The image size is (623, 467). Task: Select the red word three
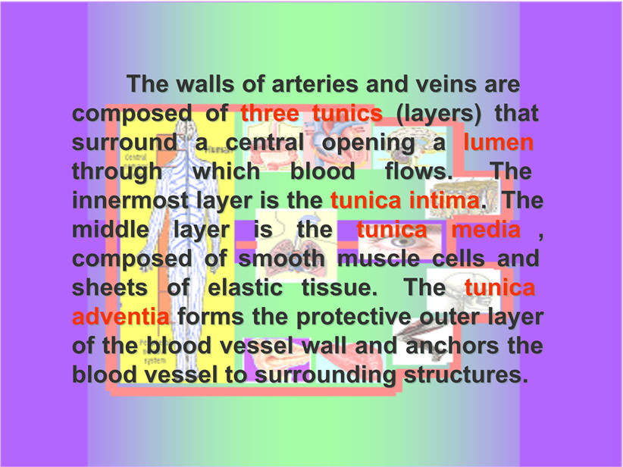(270, 113)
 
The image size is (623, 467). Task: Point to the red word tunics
(347, 113)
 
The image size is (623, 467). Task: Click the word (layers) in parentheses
(438, 114)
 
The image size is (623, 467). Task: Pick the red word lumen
(498, 143)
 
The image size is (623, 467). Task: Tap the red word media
(486, 229)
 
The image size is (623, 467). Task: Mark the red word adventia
(121, 317)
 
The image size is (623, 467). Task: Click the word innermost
(130, 200)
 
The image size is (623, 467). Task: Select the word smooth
(281, 259)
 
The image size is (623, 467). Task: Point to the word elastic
(245, 288)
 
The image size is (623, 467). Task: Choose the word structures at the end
(466, 375)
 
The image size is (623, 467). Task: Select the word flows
(419, 171)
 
